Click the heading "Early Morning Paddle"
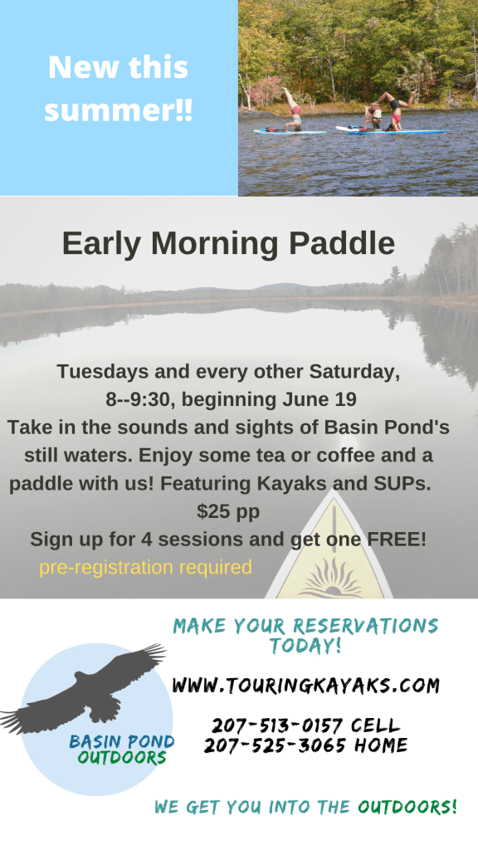click(228, 244)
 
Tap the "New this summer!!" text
click(118, 88)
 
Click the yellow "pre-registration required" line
click(145, 567)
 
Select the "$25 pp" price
click(228, 511)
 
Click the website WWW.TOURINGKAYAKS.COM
click(305, 686)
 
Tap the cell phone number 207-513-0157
click(277, 725)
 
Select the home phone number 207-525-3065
click(274, 745)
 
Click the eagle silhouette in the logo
click(84, 688)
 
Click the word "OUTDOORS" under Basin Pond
click(121, 757)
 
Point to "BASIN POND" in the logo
click(122, 741)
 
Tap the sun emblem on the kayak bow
click(332, 580)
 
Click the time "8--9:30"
click(141, 400)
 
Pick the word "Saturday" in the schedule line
click(354, 372)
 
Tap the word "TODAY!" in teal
click(305, 646)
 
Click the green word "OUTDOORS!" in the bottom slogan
click(407, 807)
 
